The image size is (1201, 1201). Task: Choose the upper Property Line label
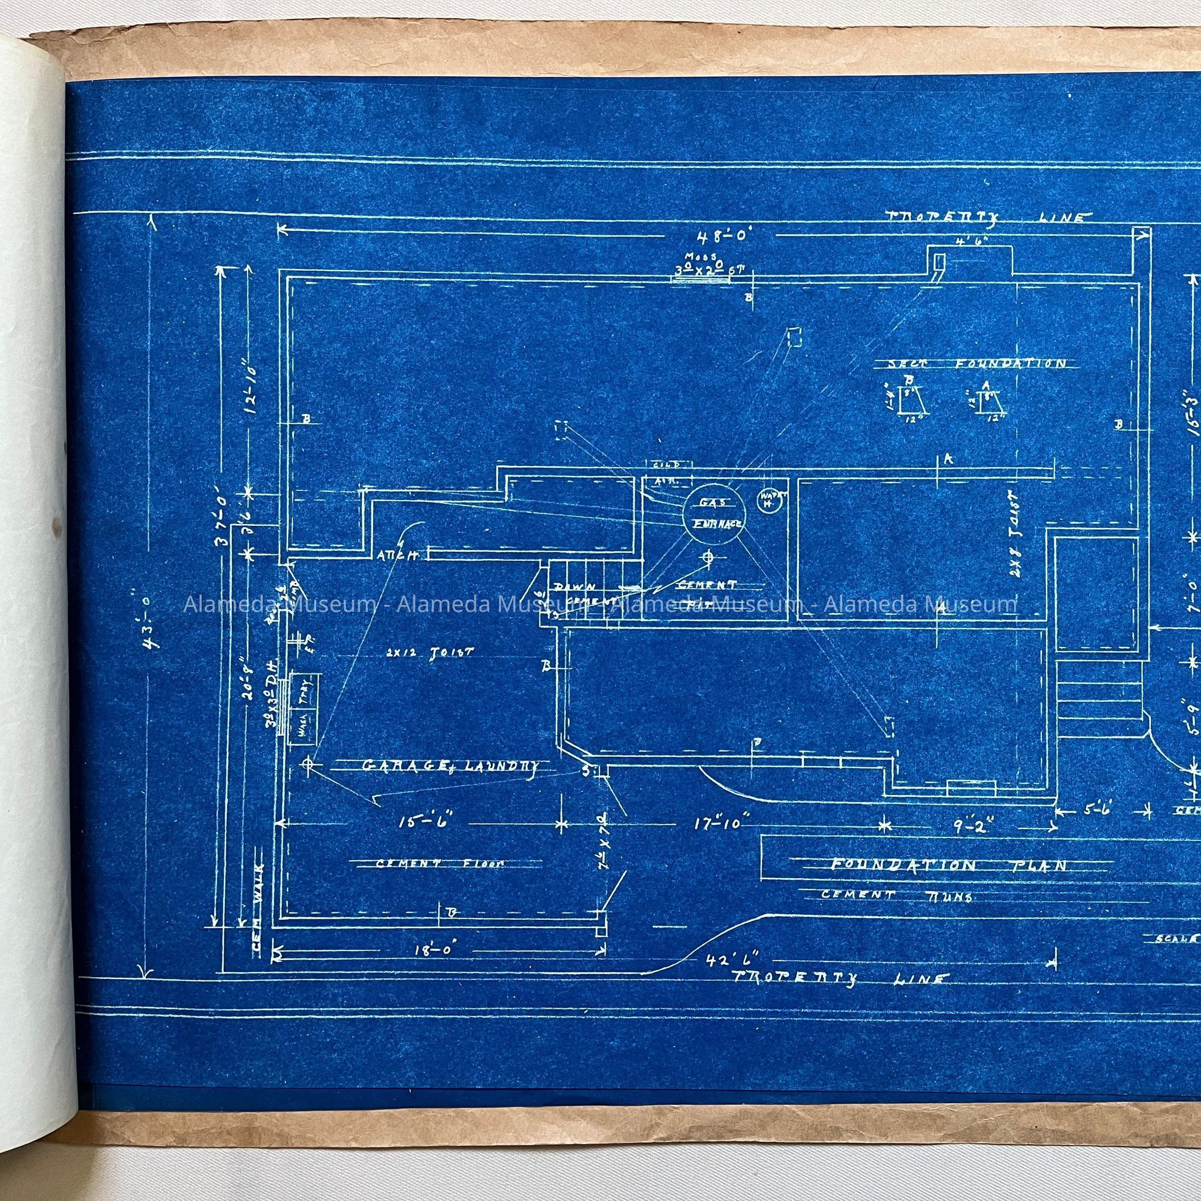tap(988, 218)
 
